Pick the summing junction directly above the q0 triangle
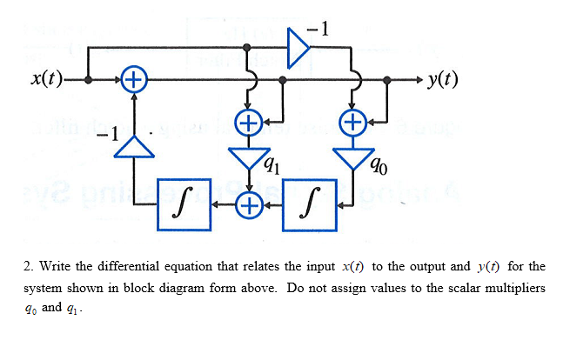pyautogui.click(x=353, y=121)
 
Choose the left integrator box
pyautogui.click(x=184, y=206)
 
